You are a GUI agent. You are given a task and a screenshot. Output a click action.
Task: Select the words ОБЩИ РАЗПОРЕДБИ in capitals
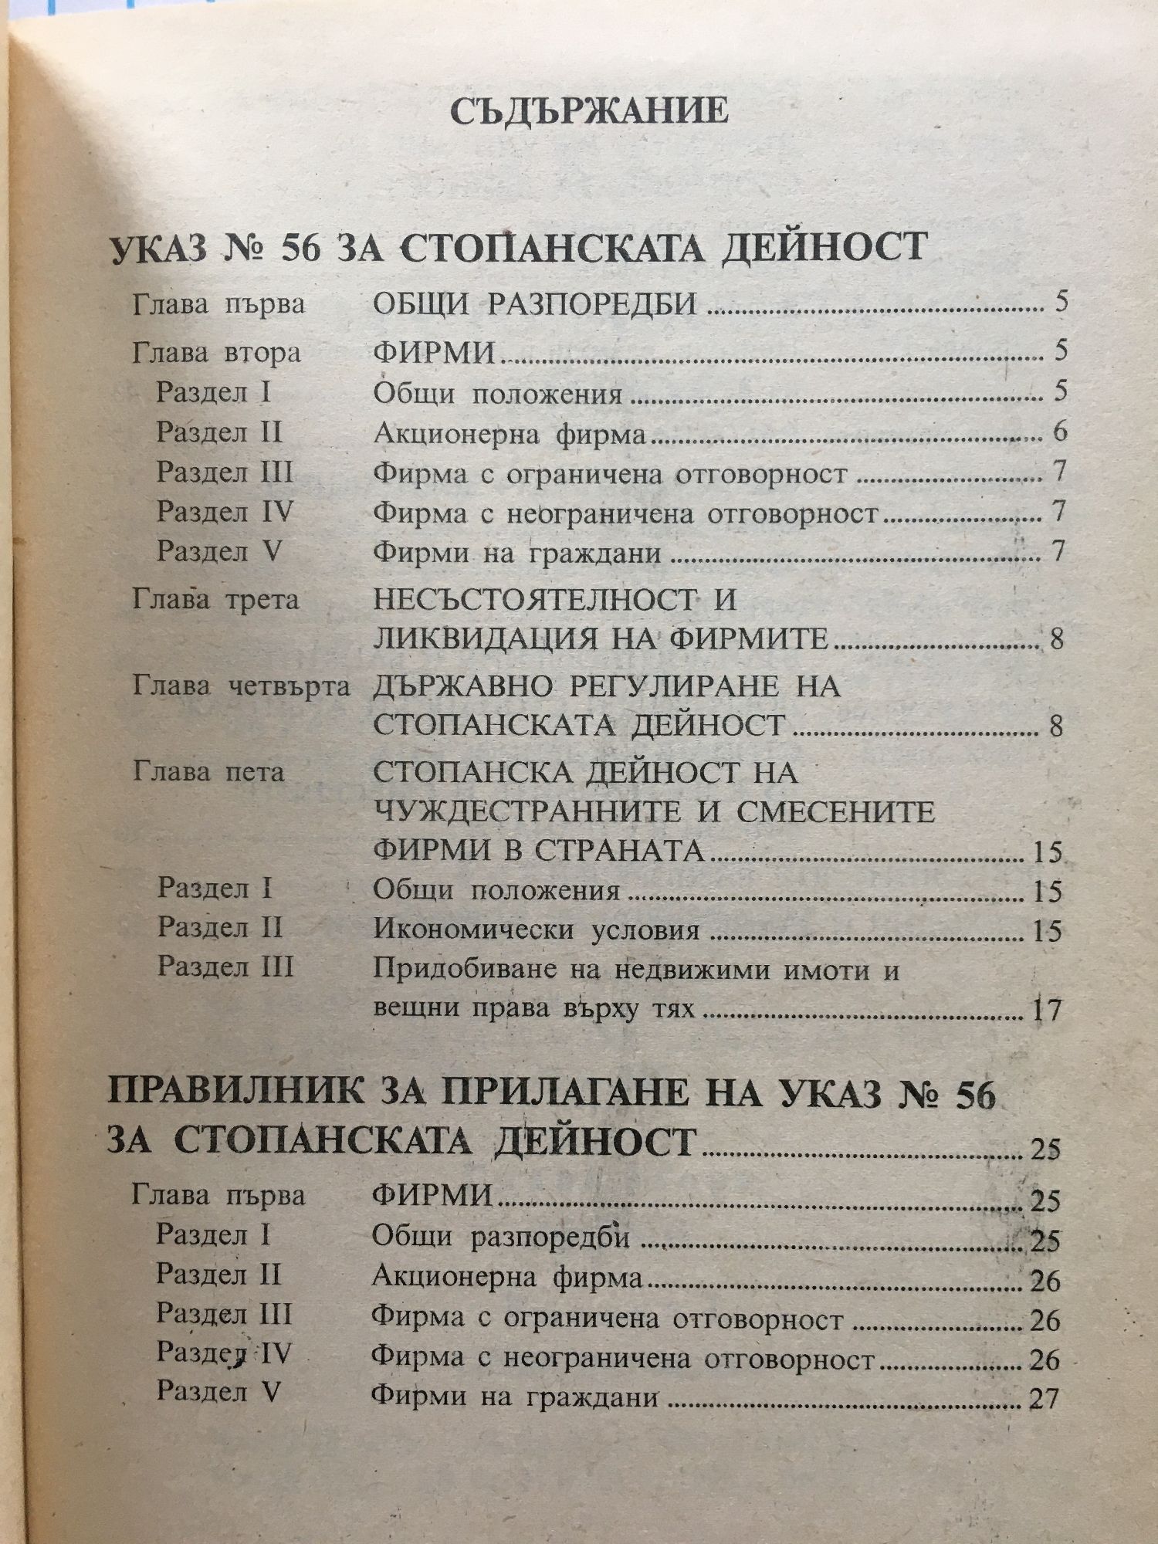tap(535, 304)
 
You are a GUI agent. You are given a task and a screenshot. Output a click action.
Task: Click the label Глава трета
tap(215, 600)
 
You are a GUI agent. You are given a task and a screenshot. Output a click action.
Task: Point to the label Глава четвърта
tap(241, 686)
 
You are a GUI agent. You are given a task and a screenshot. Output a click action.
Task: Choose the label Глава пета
tap(208, 771)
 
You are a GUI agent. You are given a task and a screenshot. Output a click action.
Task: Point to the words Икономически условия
tap(537, 930)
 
